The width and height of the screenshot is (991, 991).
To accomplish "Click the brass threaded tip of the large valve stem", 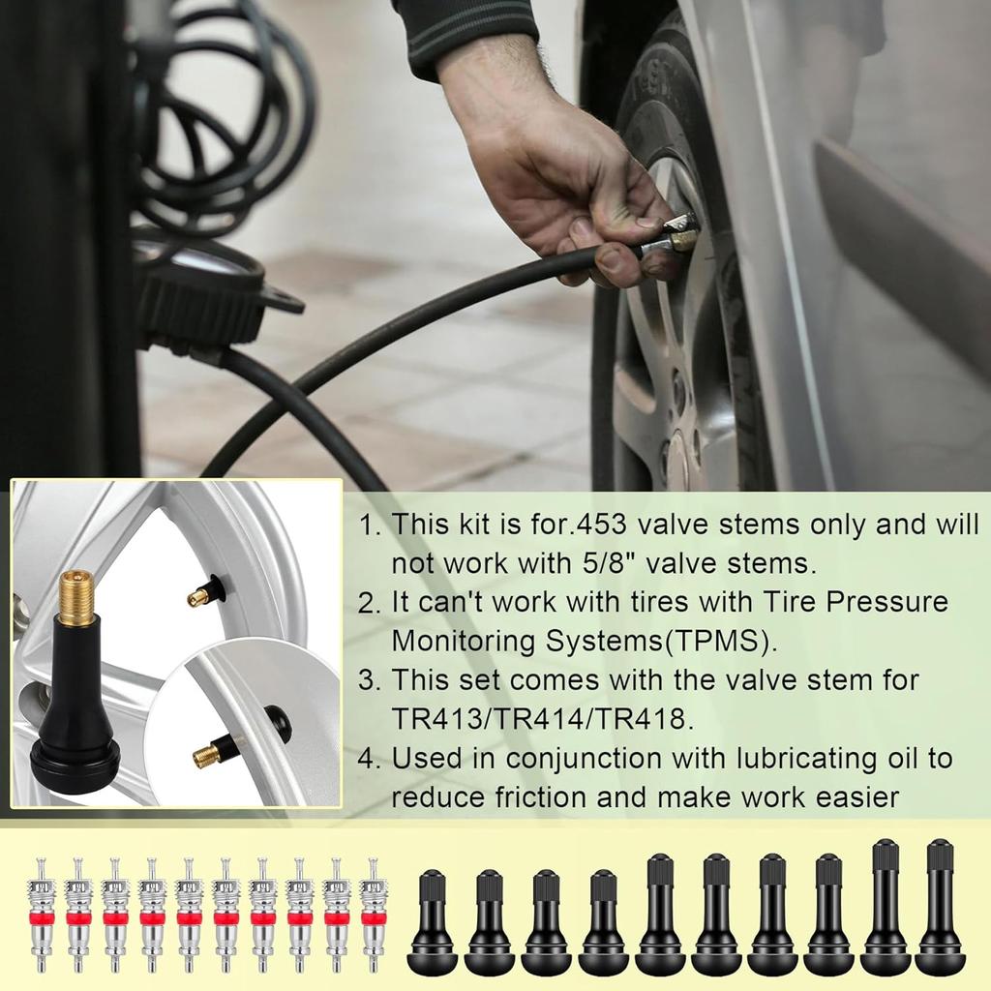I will coord(76,597).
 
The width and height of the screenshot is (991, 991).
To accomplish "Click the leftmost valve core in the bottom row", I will coord(41,915).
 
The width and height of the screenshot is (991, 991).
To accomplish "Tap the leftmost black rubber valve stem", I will coord(432,924).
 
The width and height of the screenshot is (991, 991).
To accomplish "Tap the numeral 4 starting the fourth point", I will coord(367,759).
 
